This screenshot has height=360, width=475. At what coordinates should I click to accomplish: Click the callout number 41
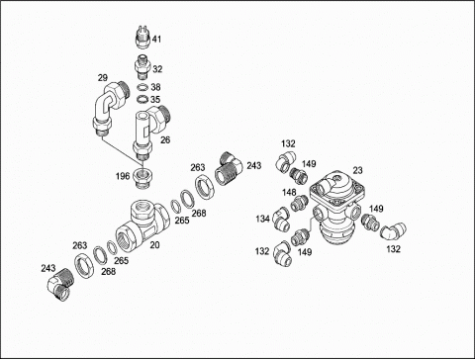(156, 39)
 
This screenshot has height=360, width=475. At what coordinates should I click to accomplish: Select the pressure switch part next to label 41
(143, 37)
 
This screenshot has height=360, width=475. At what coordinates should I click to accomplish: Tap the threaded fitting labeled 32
(142, 67)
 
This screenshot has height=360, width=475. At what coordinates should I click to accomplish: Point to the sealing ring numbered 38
(143, 88)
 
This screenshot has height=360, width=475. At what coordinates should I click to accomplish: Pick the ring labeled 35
(143, 99)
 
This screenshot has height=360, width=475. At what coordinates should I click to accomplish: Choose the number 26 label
(165, 140)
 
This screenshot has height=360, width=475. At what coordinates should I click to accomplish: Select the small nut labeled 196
(142, 177)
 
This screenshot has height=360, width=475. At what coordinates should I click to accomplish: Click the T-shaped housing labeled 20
(143, 225)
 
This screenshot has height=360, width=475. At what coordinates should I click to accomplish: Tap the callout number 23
(357, 170)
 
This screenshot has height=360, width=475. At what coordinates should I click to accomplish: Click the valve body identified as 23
(336, 208)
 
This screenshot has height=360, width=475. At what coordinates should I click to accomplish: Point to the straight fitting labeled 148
(299, 203)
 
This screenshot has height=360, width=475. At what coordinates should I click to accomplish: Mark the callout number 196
(123, 176)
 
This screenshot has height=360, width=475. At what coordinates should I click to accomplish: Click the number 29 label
(103, 78)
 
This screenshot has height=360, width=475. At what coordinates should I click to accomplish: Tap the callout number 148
(289, 192)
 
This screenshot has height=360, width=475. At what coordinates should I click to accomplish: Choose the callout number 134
(263, 219)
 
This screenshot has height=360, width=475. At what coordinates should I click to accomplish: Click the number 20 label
(154, 245)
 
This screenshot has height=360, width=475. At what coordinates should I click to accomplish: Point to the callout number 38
(155, 87)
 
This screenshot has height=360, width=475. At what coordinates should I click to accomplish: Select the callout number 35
(155, 99)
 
